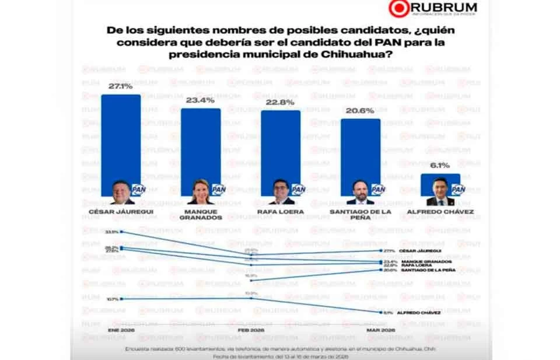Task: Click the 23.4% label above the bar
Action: (x=201, y=100)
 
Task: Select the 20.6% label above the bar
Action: (x=360, y=111)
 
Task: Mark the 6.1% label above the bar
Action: (x=440, y=166)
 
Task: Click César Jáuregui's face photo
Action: (x=122, y=191)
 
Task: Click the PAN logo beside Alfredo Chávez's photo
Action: (x=458, y=189)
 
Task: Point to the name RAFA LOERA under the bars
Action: (x=280, y=212)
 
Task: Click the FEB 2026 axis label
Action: (x=251, y=330)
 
